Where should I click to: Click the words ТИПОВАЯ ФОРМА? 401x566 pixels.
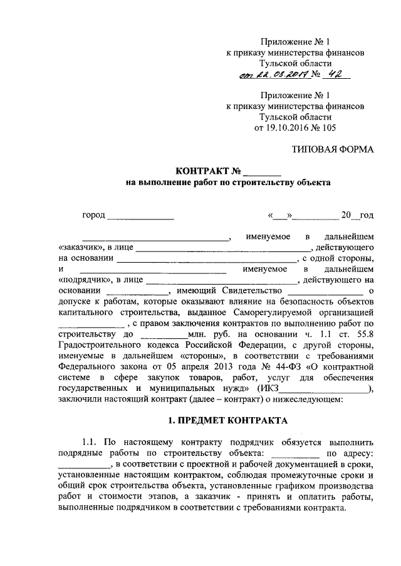[333, 150]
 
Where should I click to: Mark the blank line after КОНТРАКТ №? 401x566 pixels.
[262, 173]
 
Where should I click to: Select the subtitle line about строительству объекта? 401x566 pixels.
[226, 183]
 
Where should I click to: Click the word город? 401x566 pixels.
[93, 216]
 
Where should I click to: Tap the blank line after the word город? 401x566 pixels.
[140, 218]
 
